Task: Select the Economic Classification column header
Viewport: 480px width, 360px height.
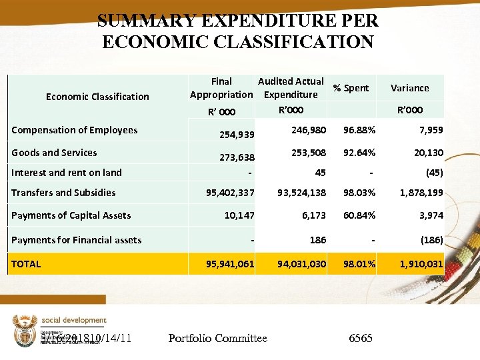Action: tap(97, 97)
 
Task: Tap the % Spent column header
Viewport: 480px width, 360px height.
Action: tap(351, 88)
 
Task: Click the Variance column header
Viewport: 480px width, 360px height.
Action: tap(409, 88)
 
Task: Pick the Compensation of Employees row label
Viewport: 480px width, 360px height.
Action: tap(75, 130)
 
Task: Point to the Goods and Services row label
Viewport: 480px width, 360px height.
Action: tap(54, 153)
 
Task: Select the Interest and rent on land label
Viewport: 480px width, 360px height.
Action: tap(67, 173)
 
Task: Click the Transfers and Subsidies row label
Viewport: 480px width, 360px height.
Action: tap(63, 193)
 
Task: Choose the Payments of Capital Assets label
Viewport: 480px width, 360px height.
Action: tap(71, 215)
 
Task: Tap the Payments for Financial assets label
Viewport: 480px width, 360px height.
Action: tap(76, 240)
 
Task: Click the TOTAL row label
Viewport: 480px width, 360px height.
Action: tap(26, 264)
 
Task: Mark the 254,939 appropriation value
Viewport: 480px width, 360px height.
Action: tap(237, 135)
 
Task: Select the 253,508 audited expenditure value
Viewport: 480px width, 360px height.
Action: tap(309, 153)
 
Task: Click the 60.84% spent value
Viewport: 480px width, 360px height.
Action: tap(359, 215)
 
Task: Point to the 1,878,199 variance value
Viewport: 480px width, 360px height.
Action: tap(421, 193)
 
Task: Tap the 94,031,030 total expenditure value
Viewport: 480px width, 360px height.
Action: tap(302, 264)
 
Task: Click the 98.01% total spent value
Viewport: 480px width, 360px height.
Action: tap(359, 264)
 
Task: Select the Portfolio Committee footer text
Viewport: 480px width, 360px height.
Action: tap(217, 339)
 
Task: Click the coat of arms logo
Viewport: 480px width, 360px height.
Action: tap(24, 331)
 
